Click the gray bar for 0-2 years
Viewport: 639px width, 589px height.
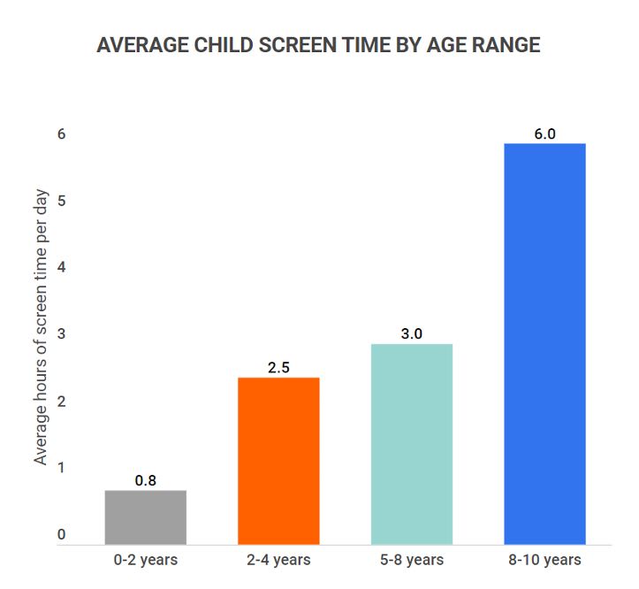[145, 516]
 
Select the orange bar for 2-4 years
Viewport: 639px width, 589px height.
[278, 460]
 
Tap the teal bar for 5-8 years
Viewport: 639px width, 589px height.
[412, 443]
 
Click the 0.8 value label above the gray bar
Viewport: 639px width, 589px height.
[146, 480]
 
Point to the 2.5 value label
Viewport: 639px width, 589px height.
[278, 367]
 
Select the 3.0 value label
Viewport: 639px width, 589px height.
[412, 333]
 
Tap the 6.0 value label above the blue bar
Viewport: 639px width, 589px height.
[544, 134]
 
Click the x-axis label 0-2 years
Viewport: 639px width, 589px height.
[146, 560]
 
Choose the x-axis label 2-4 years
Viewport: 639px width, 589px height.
[278, 560]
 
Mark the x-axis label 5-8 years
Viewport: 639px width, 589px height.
[412, 560]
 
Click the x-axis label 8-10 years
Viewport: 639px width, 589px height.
[544, 560]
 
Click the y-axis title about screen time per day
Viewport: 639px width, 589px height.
[41, 327]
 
